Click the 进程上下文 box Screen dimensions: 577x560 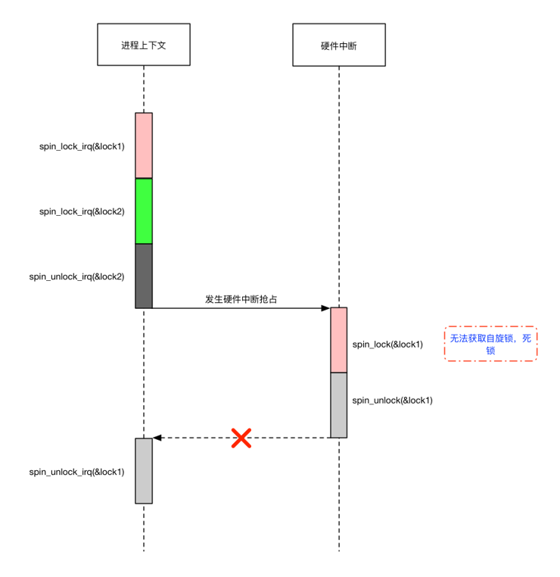tap(143, 45)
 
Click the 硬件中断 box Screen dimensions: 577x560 tap(338, 45)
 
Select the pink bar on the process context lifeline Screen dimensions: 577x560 tap(144, 145)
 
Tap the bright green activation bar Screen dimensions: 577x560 tap(144, 211)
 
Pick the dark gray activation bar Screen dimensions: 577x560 tap(144, 276)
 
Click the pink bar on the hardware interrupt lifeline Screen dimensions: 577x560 tap(338, 340)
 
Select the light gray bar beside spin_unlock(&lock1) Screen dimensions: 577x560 tap(338, 404)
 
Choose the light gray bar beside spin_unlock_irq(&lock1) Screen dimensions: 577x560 tap(144, 470)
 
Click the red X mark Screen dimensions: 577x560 tap(241, 438)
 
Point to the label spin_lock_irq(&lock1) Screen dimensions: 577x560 tap(82, 146)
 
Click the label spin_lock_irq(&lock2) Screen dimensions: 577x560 tap(82, 211)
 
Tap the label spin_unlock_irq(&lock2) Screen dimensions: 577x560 tap(76, 276)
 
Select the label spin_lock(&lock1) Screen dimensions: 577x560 tap(387, 344)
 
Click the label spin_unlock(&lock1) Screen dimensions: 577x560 tap(393, 400)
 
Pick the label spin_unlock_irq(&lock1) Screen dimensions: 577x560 tap(76, 471)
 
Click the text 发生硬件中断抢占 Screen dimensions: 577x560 tap(241, 299)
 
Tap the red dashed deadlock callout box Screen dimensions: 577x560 tap(490, 344)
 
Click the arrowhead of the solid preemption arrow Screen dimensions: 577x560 tap(325, 308)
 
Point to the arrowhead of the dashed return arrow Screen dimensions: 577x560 tap(157, 438)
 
